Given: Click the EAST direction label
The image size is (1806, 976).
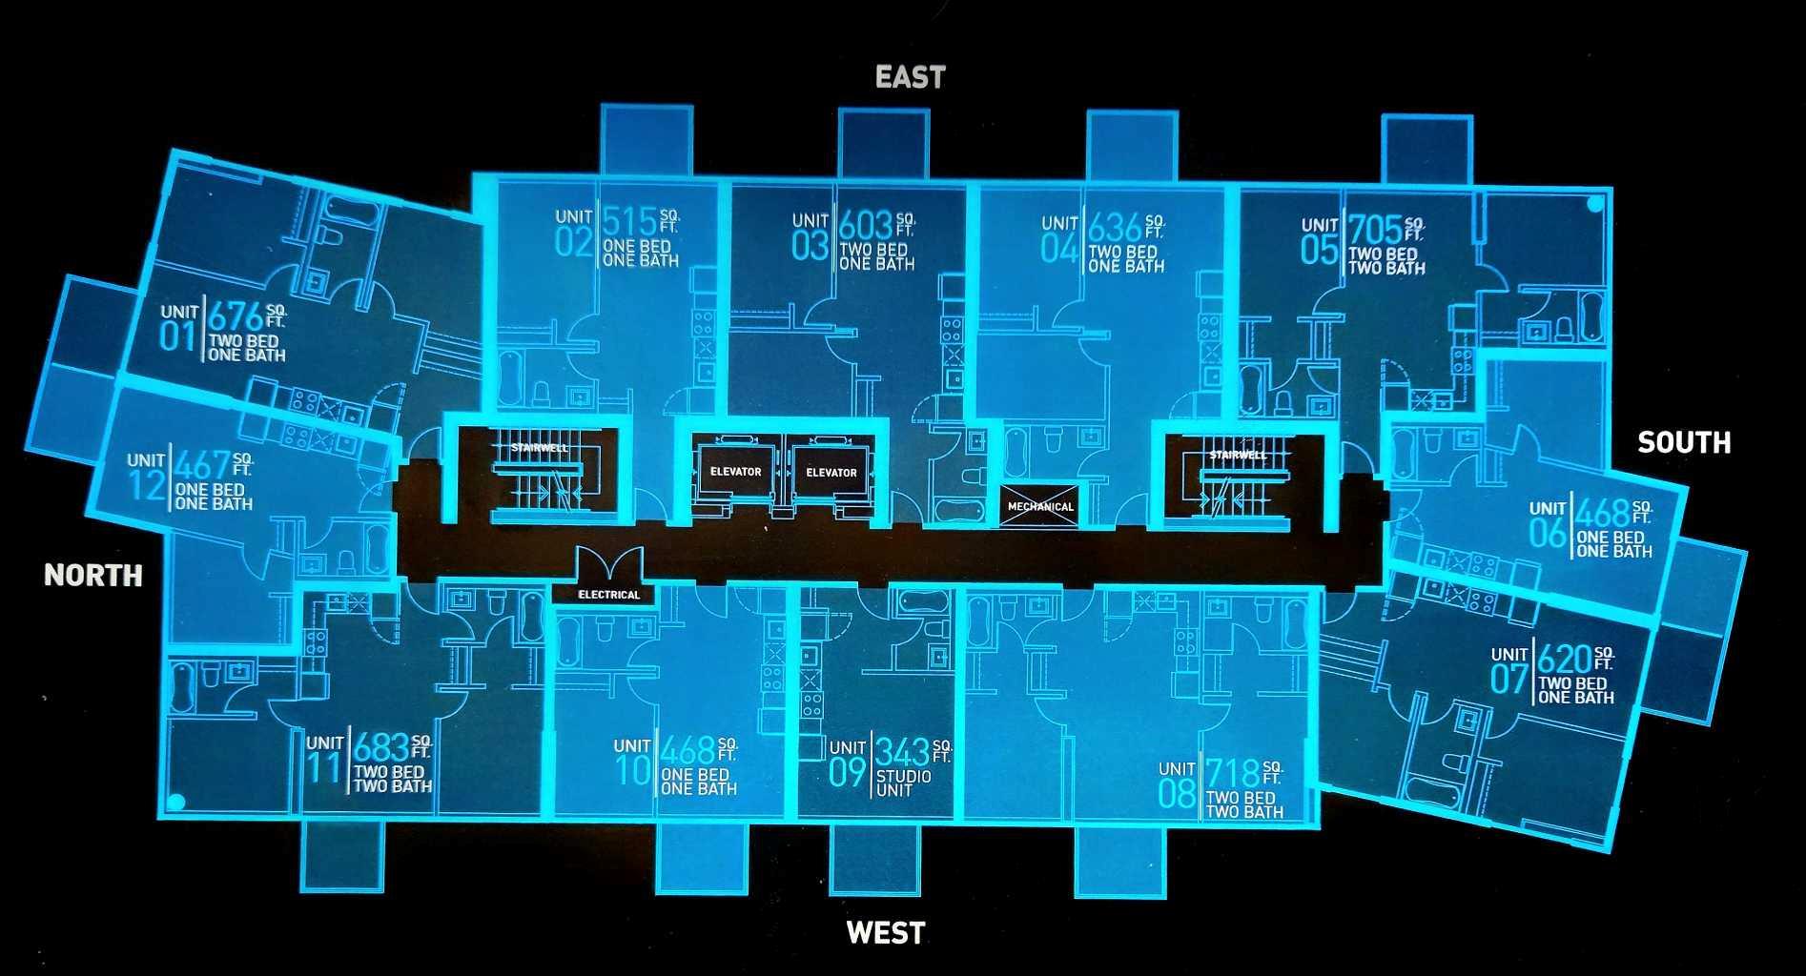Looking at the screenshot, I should (910, 77).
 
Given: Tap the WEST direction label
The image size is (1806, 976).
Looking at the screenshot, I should (886, 933).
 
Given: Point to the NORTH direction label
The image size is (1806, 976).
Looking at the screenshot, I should (93, 575).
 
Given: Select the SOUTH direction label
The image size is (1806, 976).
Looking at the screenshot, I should (1684, 442).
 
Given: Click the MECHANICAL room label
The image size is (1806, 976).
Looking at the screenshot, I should (1040, 506).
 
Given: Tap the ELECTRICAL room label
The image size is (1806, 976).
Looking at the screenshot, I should (608, 595).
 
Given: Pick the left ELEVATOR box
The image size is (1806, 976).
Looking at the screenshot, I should (735, 472).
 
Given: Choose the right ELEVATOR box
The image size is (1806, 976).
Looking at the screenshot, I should (831, 473).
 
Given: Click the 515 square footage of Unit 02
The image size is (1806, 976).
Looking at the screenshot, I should (629, 221).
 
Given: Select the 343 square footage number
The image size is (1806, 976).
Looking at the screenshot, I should (902, 752).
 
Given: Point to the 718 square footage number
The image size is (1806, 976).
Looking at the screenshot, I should (1232, 774).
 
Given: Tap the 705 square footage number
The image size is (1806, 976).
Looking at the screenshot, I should (1374, 230).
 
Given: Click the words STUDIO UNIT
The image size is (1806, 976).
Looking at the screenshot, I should (903, 783).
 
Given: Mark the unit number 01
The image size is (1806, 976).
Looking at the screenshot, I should (177, 335).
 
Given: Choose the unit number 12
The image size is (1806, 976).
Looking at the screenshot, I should (147, 484).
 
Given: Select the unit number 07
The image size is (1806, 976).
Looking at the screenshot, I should (1509, 679).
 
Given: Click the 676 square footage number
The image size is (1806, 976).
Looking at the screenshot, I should (236, 316).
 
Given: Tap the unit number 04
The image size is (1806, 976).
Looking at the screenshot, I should (1059, 249).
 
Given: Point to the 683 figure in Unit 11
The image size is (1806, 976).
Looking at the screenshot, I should (381, 747).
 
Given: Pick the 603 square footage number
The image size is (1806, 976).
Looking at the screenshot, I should (866, 226).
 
